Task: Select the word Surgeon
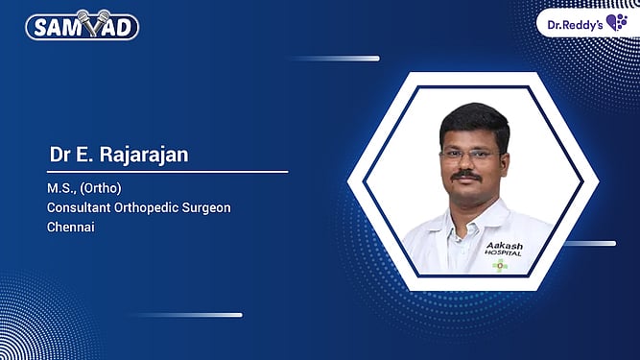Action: point(210,206)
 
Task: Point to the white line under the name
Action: point(168,172)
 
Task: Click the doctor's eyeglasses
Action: point(470,155)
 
